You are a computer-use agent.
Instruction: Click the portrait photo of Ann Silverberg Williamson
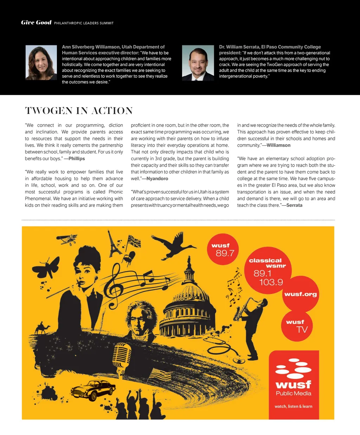[x=41, y=63]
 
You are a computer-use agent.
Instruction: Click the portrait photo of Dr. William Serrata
[x=198, y=63]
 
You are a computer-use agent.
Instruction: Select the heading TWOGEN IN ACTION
[x=79, y=111]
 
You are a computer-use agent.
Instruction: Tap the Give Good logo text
[x=36, y=23]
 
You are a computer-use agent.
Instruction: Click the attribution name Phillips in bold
[x=77, y=159]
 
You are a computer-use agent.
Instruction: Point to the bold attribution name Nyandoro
[x=157, y=179]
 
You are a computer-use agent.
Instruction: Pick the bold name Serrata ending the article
[x=294, y=205]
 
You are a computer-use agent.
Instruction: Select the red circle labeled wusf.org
[x=300, y=294]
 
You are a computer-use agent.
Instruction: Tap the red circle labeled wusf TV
[x=297, y=326]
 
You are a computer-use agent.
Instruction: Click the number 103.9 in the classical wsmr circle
[x=271, y=282]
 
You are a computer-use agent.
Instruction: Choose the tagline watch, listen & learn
[x=293, y=406]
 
